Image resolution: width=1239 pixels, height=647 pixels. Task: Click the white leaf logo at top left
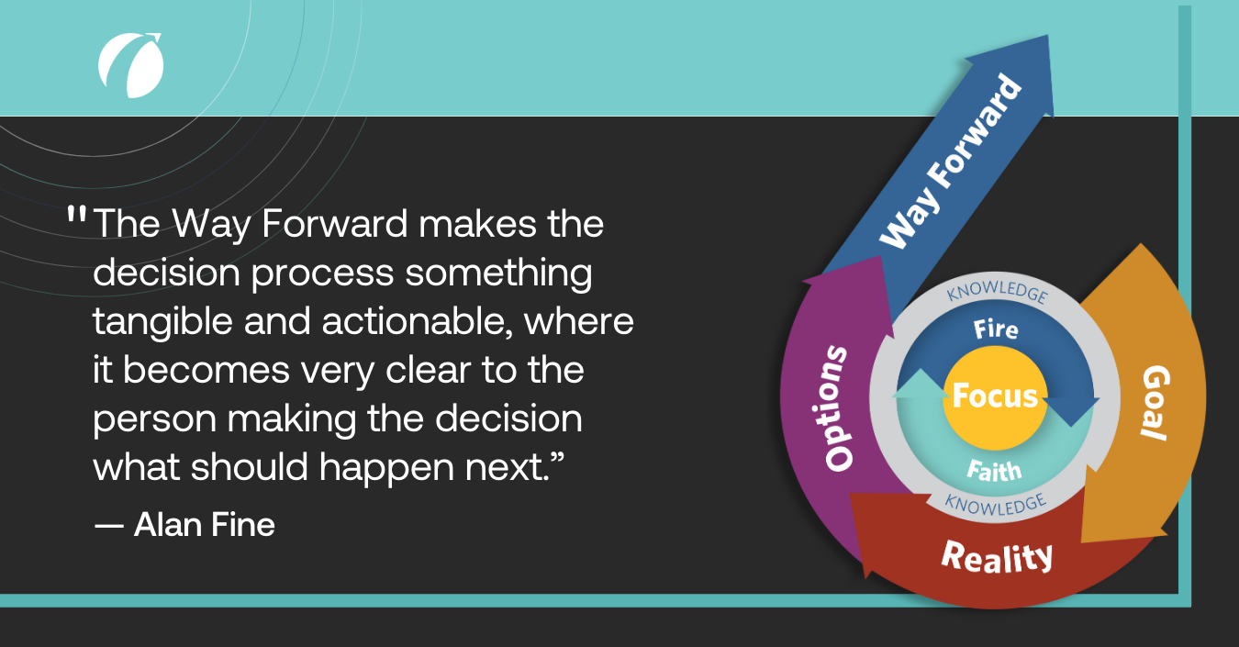(130, 65)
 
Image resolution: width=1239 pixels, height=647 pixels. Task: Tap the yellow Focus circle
(995, 397)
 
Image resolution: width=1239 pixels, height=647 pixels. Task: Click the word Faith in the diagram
(994, 470)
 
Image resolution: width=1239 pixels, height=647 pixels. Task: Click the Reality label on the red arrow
(997, 556)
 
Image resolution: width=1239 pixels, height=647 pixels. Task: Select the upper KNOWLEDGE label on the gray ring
(996, 294)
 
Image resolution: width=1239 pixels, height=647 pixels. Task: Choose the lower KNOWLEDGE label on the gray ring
(996, 503)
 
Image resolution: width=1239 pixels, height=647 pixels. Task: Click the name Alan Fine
(205, 525)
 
